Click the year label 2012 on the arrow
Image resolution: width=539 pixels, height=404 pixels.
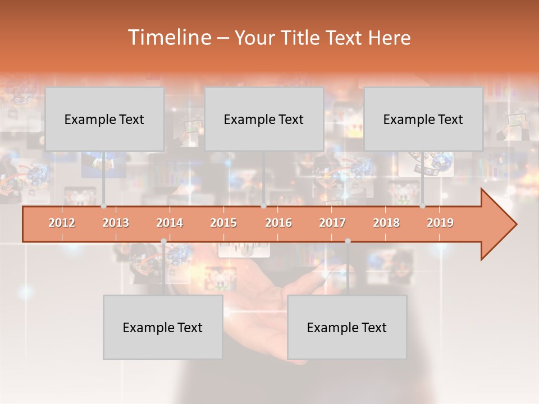(x=62, y=223)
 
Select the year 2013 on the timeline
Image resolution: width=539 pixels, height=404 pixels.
(x=116, y=223)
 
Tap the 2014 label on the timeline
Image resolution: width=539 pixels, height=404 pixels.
(x=170, y=223)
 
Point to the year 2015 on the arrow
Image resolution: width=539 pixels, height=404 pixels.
(x=223, y=223)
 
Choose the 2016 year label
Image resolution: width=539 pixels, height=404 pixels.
(x=278, y=223)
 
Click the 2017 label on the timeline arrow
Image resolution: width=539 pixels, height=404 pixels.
(x=332, y=223)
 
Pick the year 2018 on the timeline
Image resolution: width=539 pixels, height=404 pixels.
(x=386, y=223)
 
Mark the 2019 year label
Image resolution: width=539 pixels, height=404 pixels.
(x=440, y=223)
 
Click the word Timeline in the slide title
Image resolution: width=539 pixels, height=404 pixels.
(x=169, y=38)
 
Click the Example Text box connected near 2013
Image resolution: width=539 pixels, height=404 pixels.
(x=104, y=119)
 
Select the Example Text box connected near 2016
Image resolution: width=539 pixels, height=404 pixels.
(x=264, y=119)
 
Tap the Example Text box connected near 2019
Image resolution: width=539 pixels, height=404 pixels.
(x=423, y=119)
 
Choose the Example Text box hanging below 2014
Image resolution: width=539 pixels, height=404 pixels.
(x=163, y=327)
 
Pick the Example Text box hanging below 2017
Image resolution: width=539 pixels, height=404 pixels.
(x=347, y=327)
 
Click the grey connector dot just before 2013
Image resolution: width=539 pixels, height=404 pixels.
(x=103, y=206)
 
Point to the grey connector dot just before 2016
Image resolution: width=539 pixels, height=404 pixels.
(x=263, y=206)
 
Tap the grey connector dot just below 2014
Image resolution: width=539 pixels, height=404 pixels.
(x=163, y=241)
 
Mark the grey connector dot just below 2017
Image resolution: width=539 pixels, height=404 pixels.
(x=348, y=241)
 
